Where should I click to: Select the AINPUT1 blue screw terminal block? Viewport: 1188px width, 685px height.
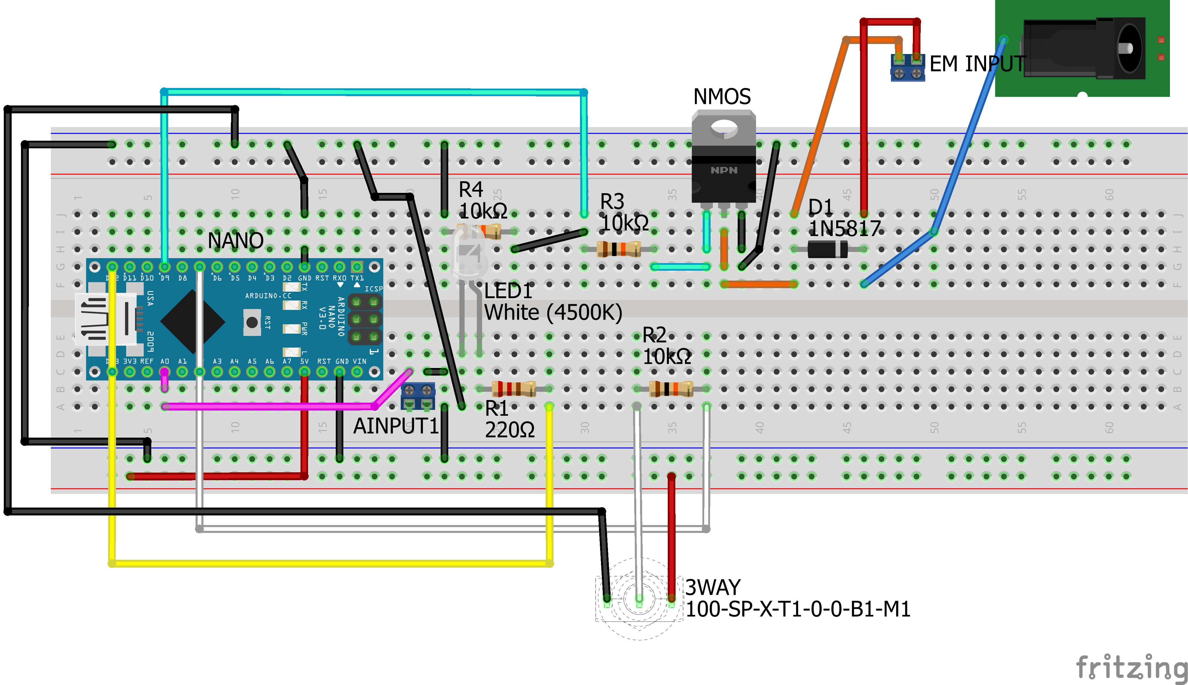coord(418,396)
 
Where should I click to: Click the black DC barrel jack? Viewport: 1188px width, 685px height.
coord(1082,48)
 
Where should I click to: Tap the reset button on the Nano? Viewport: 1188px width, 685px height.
coord(252,322)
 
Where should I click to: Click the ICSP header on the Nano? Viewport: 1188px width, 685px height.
coord(365,319)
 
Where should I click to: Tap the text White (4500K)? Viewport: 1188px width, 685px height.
coord(553,312)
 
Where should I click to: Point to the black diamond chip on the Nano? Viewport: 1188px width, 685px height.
coord(193,322)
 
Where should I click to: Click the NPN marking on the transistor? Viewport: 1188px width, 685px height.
coord(724,170)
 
